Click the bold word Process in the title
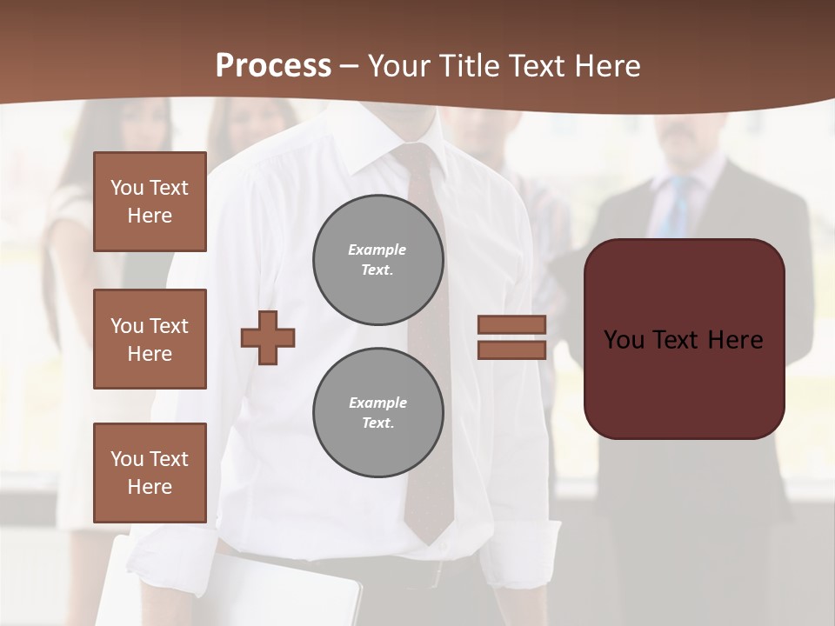[x=273, y=65]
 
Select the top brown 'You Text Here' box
[x=150, y=202]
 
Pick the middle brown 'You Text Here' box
[x=150, y=339]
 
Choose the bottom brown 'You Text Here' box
[x=150, y=472]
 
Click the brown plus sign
[x=268, y=337]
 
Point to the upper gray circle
[x=377, y=259]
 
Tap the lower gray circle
[x=377, y=412]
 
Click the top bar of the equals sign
[x=511, y=324]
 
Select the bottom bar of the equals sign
[x=511, y=350]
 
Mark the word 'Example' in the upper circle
[x=377, y=250]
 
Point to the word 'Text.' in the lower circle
[x=377, y=423]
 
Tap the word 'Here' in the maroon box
[x=735, y=340]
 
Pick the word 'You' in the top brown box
[x=127, y=188]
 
